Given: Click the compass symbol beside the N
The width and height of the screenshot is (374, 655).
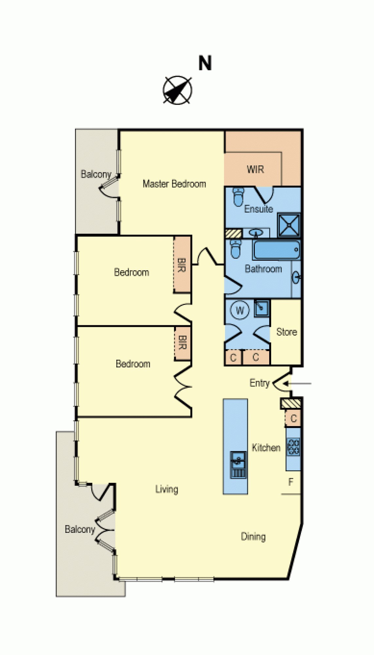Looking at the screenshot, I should (178, 90).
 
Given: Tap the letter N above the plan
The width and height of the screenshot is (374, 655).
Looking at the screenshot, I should (205, 63).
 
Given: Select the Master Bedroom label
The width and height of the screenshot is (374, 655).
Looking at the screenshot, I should (174, 184).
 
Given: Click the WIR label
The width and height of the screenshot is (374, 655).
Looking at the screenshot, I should (255, 170).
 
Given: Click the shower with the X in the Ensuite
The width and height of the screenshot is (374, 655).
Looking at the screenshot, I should (289, 225).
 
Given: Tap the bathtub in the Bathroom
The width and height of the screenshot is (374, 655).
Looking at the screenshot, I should (276, 250).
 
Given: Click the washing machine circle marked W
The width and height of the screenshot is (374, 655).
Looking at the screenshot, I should (240, 310).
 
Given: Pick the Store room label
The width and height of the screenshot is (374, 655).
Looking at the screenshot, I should (287, 332).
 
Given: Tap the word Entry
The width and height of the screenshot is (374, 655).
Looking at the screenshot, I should (259, 383).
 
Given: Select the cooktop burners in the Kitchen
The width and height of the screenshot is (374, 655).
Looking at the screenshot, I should (293, 447).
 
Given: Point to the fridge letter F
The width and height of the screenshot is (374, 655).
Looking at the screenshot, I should (290, 482).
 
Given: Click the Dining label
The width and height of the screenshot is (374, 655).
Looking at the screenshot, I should (253, 536).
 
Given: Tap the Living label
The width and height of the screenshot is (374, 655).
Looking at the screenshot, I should (167, 489).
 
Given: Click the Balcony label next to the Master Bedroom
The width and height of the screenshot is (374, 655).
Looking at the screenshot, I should (96, 174).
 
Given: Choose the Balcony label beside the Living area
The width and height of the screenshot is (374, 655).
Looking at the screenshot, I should (80, 529).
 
